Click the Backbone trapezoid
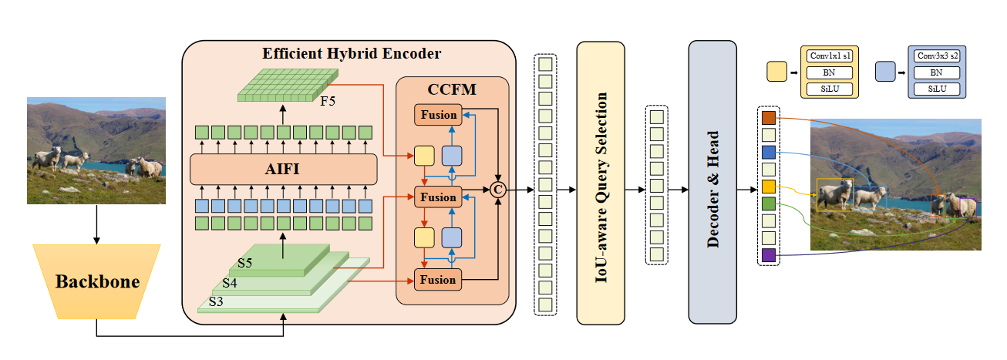[96, 282]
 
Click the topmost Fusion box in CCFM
[438, 115]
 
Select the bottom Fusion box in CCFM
[438, 279]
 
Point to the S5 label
[245, 263]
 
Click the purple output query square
[769, 254]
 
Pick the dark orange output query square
[769, 118]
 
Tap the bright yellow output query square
[769, 187]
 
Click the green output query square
[769, 204]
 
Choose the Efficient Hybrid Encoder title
[352, 54]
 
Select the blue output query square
[769, 152]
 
